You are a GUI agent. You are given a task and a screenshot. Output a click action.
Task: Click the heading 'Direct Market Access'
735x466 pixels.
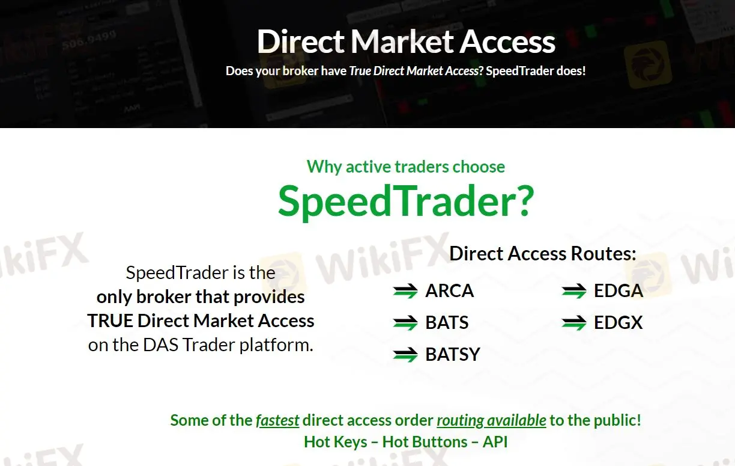(406, 41)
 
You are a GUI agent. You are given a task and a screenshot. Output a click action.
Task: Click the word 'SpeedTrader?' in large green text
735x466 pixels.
(405, 201)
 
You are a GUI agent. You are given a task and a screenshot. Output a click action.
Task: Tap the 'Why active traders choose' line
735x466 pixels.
(405, 167)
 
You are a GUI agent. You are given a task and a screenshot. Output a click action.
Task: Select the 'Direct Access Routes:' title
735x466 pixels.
(542, 254)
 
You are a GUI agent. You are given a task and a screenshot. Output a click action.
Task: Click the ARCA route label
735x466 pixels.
(449, 291)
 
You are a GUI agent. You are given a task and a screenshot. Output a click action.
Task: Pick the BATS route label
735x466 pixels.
(447, 323)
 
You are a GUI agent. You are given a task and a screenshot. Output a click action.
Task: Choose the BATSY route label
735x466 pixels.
(453, 355)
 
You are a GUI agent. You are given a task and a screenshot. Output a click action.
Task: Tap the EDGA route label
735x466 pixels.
(618, 291)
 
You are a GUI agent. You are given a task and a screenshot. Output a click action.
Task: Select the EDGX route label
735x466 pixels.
(618, 323)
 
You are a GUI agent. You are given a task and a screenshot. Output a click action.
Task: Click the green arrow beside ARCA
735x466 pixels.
(405, 292)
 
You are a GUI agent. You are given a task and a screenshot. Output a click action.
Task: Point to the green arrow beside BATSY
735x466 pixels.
(405, 355)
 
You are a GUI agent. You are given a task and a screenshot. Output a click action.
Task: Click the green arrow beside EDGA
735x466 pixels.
(574, 292)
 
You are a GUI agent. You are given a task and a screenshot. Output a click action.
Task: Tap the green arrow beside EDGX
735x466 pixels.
(574, 323)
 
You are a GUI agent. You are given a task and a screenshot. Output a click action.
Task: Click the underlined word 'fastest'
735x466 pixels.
(277, 420)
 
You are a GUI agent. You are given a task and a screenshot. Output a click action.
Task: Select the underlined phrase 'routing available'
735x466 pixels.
(491, 420)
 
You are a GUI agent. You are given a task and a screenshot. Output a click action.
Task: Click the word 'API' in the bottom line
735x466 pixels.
(495, 442)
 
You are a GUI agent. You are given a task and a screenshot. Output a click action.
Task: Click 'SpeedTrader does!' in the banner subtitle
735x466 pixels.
(536, 70)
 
